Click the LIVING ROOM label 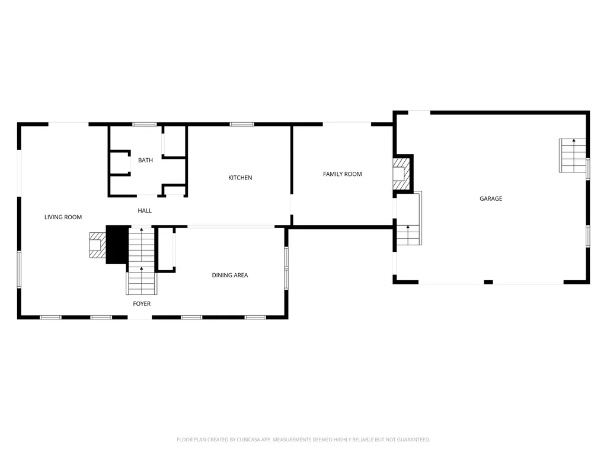pyautogui.click(x=63, y=217)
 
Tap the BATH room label pyautogui.click(x=145, y=161)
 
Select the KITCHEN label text pyautogui.click(x=240, y=178)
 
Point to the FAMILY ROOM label pyautogui.click(x=342, y=174)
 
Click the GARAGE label pyautogui.click(x=491, y=198)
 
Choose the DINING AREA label pyautogui.click(x=230, y=275)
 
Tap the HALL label pyautogui.click(x=145, y=210)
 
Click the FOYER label pyautogui.click(x=142, y=304)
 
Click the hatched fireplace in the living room pyautogui.click(x=96, y=245)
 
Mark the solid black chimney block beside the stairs pyautogui.click(x=117, y=245)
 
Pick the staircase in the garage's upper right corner pyautogui.click(x=573, y=156)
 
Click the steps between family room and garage pyautogui.click(x=408, y=235)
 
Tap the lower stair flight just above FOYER pyautogui.click(x=142, y=281)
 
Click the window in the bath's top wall pyautogui.click(x=144, y=124)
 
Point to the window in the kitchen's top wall pyautogui.click(x=241, y=124)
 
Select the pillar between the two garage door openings pyautogui.click(x=488, y=282)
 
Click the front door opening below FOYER pyautogui.click(x=140, y=318)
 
